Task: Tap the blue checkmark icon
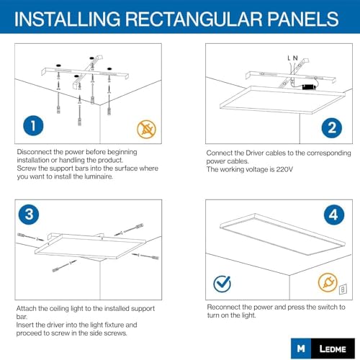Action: point(222,284)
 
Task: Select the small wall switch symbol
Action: point(343,289)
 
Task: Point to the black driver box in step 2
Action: point(310,86)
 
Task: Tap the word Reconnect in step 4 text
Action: point(222,307)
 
